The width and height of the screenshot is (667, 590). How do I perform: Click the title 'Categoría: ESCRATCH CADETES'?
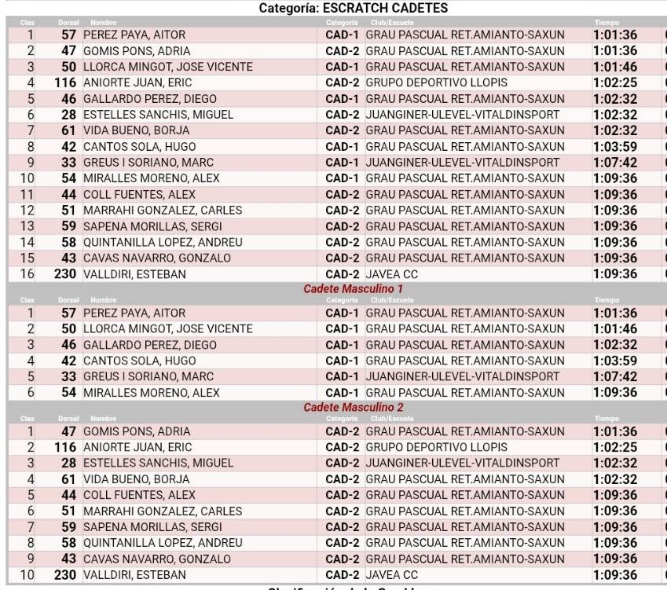click(x=353, y=8)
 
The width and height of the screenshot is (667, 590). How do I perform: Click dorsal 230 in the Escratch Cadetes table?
click(x=65, y=274)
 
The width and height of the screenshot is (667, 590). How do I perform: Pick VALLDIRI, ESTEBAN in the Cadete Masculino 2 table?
click(x=134, y=575)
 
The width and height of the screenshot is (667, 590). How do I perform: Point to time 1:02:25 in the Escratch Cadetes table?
click(x=614, y=82)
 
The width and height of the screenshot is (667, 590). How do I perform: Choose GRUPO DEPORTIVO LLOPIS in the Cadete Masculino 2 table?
click(x=436, y=447)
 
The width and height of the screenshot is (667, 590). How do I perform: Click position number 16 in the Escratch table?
click(x=27, y=274)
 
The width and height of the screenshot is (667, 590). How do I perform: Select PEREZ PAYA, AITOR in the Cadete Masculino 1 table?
click(x=134, y=313)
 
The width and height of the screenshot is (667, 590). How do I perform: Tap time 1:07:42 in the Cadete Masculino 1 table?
click(x=614, y=376)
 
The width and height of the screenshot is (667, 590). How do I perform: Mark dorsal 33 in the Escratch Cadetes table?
click(x=69, y=163)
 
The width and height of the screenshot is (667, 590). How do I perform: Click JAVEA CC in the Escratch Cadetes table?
click(x=392, y=274)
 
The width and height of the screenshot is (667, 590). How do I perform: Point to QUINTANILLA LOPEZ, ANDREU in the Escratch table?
click(x=163, y=242)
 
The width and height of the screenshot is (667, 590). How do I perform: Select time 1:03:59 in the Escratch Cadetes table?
click(x=614, y=146)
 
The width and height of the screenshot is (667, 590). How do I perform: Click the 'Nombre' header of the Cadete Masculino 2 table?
click(x=103, y=419)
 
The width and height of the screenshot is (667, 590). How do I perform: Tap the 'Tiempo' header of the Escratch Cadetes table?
click(x=607, y=23)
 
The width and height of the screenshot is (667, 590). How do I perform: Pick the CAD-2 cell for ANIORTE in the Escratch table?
click(x=342, y=82)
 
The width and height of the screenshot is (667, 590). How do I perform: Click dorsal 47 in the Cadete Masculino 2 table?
click(x=69, y=431)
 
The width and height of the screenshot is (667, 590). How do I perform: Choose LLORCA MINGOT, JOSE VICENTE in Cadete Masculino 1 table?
click(x=168, y=328)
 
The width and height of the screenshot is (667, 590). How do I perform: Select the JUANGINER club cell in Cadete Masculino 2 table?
click(x=463, y=463)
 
